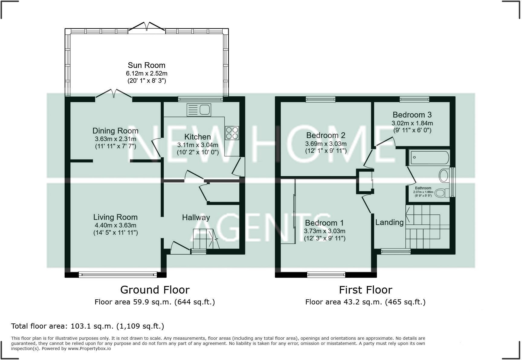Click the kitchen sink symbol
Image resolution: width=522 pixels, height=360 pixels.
pyautogui.click(x=199, y=110)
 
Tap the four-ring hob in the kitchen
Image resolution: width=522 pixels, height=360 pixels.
pyautogui.click(x=232, y=133)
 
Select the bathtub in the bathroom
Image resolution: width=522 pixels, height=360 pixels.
pyautogui.click(x=429, y=157)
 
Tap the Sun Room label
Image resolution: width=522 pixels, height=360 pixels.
pyautogui.click(x=147, y=65)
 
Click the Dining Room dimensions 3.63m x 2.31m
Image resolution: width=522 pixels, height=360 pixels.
pyautogui.click(x=115, y=139)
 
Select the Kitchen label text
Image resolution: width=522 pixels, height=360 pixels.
pyautogui.click(x=198, y=137)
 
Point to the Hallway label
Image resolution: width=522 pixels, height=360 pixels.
pyautogui.click(x=196, y=218)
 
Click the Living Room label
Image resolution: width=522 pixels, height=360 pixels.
pyautogui.click(x=115, y=217)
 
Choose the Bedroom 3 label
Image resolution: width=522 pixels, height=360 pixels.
pyautogui.click(x=412, y=115)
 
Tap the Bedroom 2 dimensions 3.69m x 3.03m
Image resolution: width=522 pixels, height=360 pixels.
pyautogui.click(x=326, y=144)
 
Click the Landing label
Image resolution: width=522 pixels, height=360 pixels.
pyautogui.click(x=389, y=223)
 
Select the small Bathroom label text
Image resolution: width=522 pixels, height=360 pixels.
pyautogui.click(x=423, y=188)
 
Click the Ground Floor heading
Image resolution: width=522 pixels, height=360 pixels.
pyautogui.click(x=155, y=290)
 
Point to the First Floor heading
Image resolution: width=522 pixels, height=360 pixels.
pyautogui.click(x=366, y=290)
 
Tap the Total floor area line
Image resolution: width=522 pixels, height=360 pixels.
pyautogui.click(x=88, y=326)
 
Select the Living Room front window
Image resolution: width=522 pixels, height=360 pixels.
pyautogui.click(x=118, y=275)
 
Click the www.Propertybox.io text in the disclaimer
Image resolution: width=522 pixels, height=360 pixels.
pyautogui.click(x=89, y=349)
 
